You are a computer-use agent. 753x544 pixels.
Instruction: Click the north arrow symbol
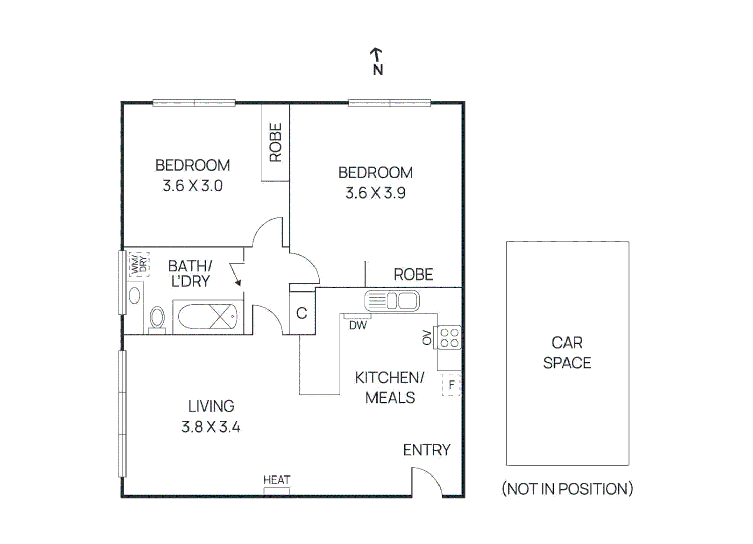click(x=377, y=55)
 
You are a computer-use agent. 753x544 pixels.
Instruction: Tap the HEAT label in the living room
click(x=277, y=480)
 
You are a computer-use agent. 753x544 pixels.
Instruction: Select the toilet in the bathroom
click(x=157, y=319)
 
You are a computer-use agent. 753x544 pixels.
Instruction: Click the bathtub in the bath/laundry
click(x=208, y=317)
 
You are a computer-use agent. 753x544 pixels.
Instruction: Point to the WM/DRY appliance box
click(x=139, y=264)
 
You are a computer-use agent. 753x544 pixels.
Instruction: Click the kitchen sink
click(x=392, y=301)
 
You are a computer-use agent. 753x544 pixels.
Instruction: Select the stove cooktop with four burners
click(x=449, y=337)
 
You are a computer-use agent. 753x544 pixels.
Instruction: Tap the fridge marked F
click(x=451, y=385)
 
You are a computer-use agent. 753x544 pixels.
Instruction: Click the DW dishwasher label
click(x=358, y=326)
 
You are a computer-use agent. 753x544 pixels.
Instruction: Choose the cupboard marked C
click(x=302, y=313)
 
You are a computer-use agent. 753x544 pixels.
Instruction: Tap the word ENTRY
click(x=426, y=450)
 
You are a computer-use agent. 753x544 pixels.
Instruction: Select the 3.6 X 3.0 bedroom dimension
click(x=193, y=186)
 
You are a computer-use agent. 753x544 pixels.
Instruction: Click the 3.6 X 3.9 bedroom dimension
click(x=375, y=193)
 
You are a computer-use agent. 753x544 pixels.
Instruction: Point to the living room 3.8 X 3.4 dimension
click(x=211, y=427)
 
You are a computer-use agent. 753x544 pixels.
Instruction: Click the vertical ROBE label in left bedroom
click(x=275, y=143)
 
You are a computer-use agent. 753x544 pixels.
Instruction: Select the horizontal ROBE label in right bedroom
click(x=413, y=275)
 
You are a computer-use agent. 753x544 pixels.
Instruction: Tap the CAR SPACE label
click(x=567, y=353)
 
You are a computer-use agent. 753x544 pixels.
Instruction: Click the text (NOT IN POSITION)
click(x=567, y=489)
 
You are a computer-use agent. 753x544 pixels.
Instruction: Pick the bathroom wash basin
click(x=134, y=296)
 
